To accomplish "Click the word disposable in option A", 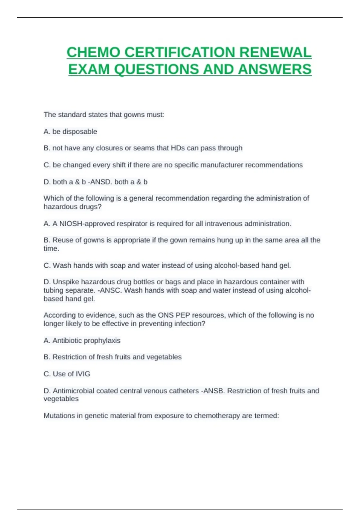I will [79, 132].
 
